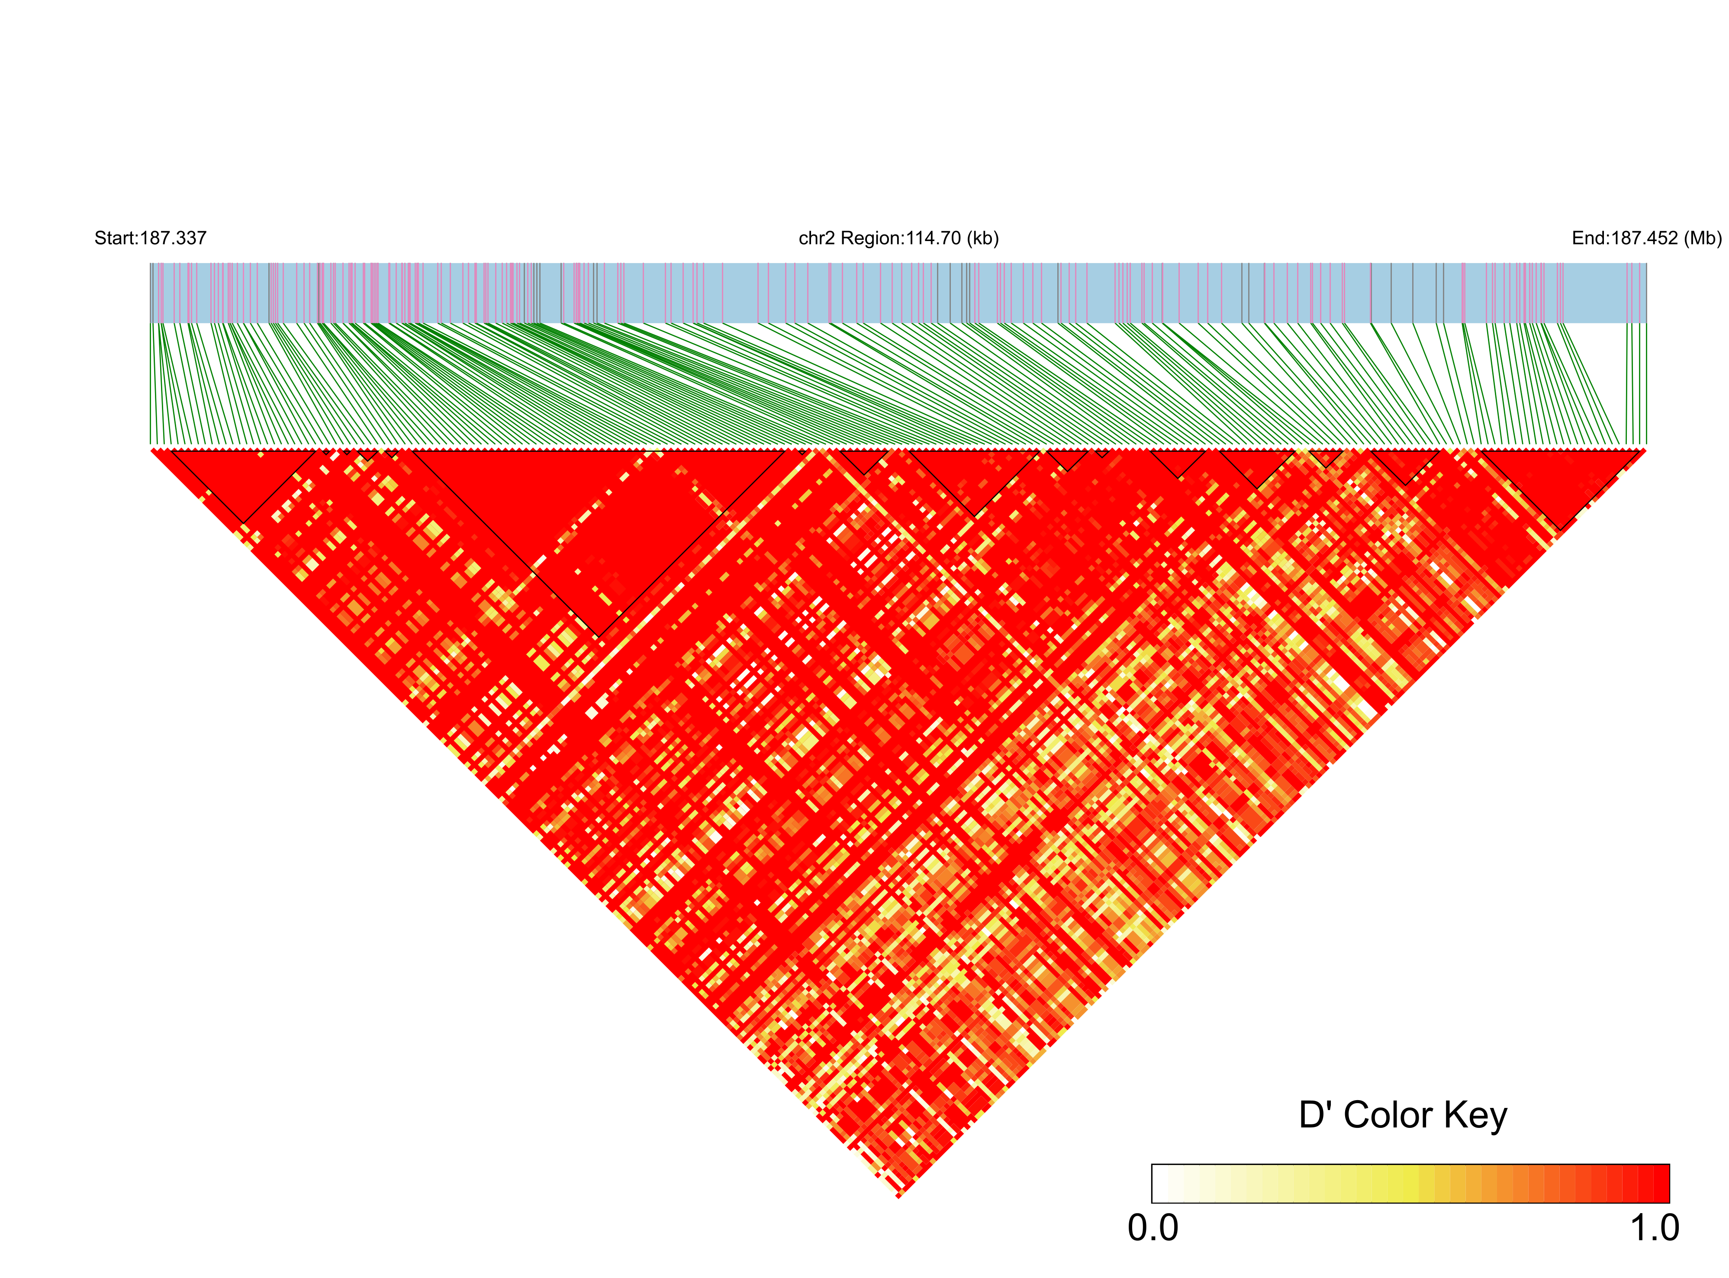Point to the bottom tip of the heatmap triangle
(899, 1197)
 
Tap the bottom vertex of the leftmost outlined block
(244, 522)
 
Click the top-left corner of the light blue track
(151, 264)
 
